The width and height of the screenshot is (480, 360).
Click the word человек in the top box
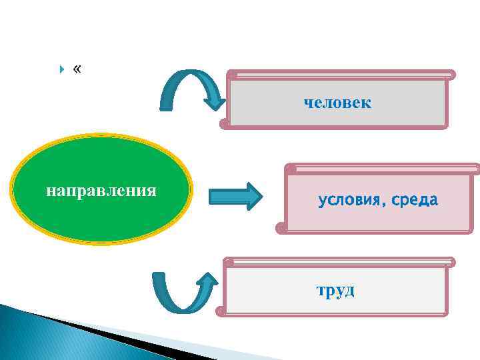point(337,103)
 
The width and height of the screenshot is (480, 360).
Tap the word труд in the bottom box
point(336,290)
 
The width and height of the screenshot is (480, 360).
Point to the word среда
point(415,200)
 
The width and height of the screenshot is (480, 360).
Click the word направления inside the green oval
point(101,191)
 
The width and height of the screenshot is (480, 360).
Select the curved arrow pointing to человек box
point(190,90)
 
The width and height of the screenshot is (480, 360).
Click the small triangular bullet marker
point(62,69)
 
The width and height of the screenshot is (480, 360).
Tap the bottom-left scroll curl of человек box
point(224,123)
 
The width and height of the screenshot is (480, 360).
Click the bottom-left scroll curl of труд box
point(221,311)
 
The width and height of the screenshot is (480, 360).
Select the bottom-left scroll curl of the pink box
point(282,228)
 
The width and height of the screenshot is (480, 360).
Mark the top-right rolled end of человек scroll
point(451,75)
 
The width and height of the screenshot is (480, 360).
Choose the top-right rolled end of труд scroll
point(451,262)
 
